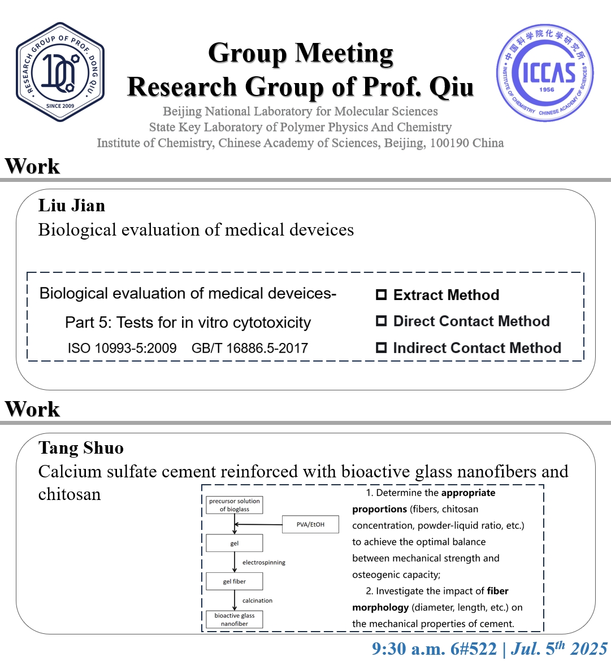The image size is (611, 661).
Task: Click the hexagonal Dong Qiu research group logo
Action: pos(60,72)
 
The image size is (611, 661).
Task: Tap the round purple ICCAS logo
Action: pos(545,72)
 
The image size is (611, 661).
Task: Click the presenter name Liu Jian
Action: pos(72,206)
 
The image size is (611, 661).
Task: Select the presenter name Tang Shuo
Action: pos(81,448)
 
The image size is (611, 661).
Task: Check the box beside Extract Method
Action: pos(382,295)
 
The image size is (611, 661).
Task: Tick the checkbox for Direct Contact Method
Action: pos(382,321)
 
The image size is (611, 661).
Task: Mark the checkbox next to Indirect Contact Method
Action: pos(382,348)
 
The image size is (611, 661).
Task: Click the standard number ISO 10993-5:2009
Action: pos(122,348)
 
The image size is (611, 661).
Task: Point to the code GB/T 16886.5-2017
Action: pos(250,348)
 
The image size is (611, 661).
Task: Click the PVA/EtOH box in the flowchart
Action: pos(310,524)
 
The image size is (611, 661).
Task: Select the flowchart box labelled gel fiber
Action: pos(235,581)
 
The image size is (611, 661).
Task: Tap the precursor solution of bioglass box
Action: pos(235,505)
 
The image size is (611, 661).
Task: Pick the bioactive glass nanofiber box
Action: pos(235,620)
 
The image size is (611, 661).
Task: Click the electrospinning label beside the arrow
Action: pos(264,563)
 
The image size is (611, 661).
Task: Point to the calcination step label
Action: pos(257,601)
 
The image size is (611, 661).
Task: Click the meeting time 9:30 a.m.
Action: pos(405,649)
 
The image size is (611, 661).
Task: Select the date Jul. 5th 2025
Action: pos(559,649)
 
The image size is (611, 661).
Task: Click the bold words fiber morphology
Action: pos(430,599)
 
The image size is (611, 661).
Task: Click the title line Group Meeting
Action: pos(301,54)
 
